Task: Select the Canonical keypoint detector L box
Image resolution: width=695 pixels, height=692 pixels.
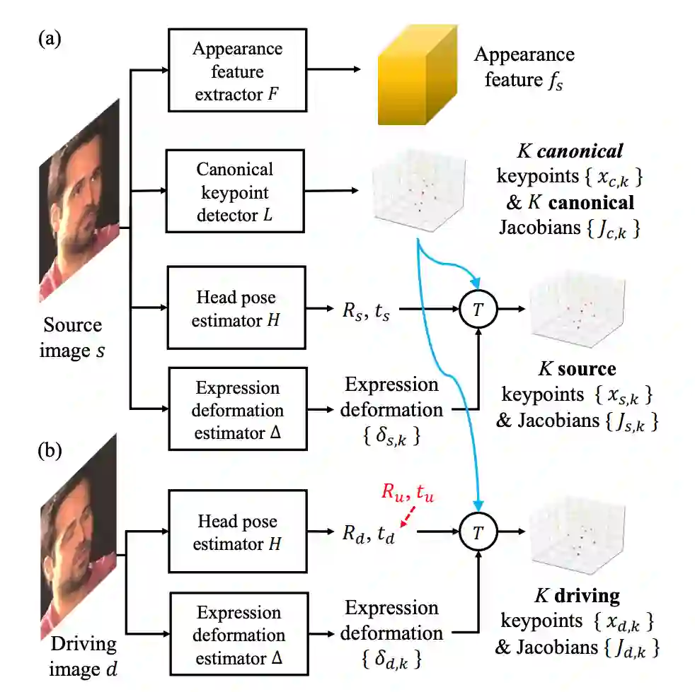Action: (x=236, y=192)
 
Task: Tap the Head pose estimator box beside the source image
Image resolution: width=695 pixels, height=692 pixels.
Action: (x=236, y=308)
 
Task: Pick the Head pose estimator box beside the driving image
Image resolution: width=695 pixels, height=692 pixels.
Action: (x=236, y=532)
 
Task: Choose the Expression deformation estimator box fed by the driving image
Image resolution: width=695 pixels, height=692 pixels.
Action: (x=239, y=634)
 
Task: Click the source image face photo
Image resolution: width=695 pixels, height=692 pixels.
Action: (x=79, y=200)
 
